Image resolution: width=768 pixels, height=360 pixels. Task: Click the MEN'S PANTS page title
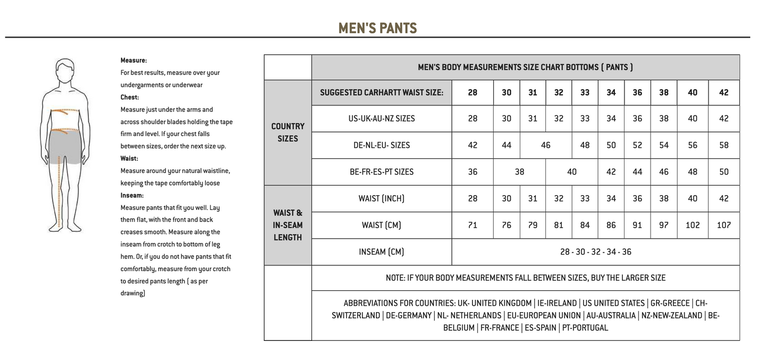point(377,28)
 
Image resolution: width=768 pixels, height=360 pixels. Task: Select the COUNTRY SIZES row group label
point(288,132)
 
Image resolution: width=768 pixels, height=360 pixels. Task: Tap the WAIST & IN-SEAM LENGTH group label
point(288,225)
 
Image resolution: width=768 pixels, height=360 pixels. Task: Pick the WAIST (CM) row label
point(381,225)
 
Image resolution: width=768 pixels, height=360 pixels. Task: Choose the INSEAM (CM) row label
point(381,252)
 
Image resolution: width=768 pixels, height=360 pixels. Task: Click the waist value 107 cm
point(723,225)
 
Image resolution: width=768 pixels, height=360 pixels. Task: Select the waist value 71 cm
point(472,225)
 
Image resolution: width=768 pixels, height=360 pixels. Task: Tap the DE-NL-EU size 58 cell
point(723,145)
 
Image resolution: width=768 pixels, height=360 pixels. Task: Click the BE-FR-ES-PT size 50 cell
point(723,172)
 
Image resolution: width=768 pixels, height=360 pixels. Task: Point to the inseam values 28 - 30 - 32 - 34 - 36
point(595,252)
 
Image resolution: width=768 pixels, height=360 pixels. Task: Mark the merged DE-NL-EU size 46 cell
point(545,145)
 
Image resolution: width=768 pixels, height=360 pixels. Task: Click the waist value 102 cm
point(693,225)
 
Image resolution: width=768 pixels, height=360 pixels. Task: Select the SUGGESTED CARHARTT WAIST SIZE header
point(381,93)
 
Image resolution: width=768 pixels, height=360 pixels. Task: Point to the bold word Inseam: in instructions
point(132,195)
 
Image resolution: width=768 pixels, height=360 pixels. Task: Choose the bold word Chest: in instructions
point(130,97)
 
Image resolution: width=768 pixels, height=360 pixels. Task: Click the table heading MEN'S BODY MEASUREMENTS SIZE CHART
point(525,68)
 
